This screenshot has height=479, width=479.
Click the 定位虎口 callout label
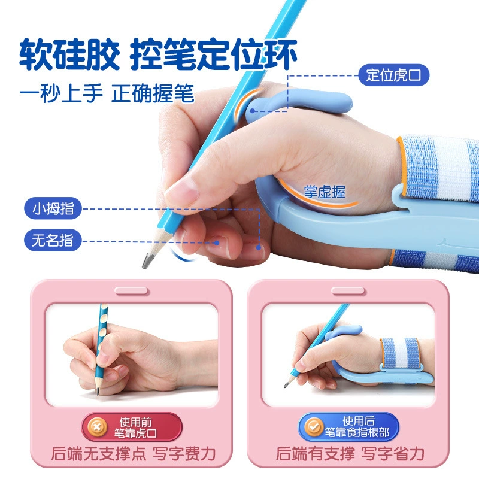point(393,75)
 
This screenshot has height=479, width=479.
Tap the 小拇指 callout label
point(53,208)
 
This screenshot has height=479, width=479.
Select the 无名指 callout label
point(53,240)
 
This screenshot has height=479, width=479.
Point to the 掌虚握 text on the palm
point(325,192)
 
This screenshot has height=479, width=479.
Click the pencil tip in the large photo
point(144,265)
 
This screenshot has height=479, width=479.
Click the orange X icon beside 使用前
point(97,427)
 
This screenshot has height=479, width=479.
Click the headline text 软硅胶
point(69,54)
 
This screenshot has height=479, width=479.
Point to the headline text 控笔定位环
point(214,54)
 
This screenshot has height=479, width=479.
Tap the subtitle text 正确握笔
point(153,93)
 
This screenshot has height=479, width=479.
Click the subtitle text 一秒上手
point(61,93)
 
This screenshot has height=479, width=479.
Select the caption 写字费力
point(184,454)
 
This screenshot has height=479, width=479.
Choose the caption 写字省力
point(393,454)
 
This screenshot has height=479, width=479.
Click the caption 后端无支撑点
point(99,454)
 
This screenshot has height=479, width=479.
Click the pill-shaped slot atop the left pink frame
point(132,291)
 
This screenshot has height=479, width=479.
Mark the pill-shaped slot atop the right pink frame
point(348,291)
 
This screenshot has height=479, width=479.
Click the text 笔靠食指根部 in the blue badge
point(357,432)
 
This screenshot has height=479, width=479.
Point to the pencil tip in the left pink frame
point(98,393)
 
